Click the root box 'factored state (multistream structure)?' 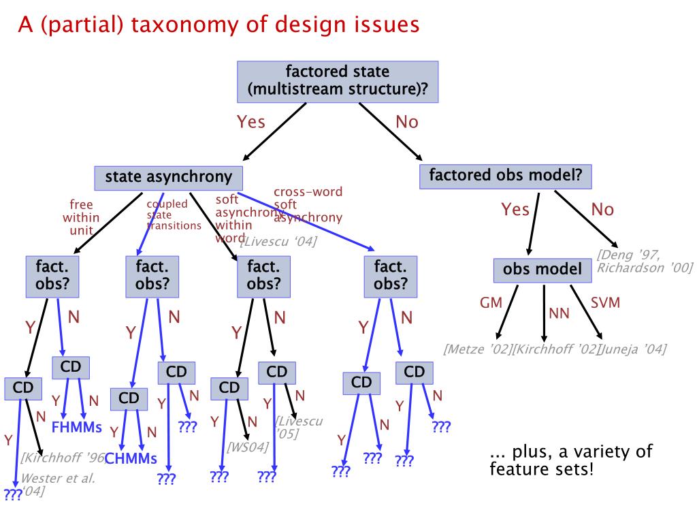coord(338,81)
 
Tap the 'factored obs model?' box coord(506,175)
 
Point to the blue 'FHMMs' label coord(76,428)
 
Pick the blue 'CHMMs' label coord(131,458)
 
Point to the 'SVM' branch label coord(605,302)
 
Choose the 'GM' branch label coord(491,302)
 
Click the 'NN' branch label coord(559,314)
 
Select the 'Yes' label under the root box coord(250,123)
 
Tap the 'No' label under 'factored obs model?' coord(602,210)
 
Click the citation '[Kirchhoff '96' coord(61,458)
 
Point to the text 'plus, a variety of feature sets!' coord(570,460)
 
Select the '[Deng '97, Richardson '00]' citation coord(644,261)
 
